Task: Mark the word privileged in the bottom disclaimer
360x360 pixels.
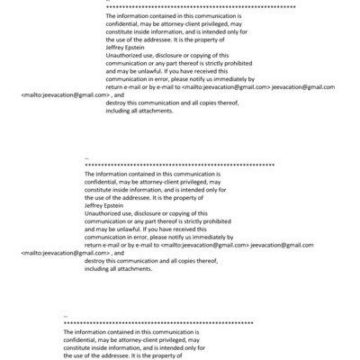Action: coord(173,340)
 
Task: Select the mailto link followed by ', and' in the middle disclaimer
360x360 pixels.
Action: coord(62,254)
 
